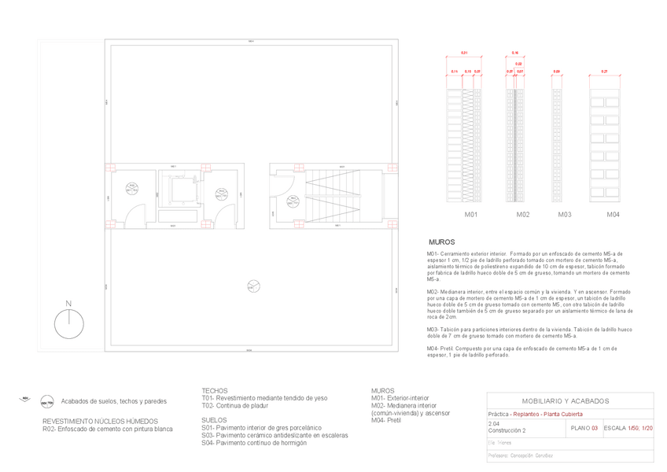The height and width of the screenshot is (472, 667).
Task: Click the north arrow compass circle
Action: [x=68, y=323]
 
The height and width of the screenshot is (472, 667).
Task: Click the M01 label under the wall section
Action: [x=472, y=214]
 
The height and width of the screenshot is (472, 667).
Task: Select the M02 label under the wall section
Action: [x=523, y=214]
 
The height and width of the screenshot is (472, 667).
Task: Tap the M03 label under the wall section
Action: [x=565, y=214]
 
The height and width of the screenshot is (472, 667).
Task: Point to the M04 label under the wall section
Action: [x=614, y=214]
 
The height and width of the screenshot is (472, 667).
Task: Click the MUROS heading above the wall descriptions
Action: [x=441, y=242]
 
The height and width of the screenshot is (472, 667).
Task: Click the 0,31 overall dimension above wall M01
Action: [x=463, y=53]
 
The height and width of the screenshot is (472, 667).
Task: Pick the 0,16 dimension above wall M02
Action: [x=515, y=53]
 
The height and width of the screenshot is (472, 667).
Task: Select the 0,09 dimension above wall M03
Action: [x=557, y=72]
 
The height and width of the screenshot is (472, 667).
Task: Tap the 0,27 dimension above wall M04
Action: [x=604, y=72]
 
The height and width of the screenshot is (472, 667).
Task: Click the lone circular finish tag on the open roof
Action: [x=253, y=286]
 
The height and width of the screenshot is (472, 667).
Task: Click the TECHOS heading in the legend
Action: [x=215, y=390]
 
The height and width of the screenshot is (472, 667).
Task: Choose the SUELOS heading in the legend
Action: [x=215, y=420]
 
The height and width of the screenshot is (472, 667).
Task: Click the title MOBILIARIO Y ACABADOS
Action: [x=565, y=401]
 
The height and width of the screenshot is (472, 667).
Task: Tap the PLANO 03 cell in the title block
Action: [x=584, y=429]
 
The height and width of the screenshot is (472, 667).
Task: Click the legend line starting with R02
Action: [x=108, y=430]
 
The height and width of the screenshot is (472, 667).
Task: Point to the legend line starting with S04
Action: [x=253, y=443]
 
